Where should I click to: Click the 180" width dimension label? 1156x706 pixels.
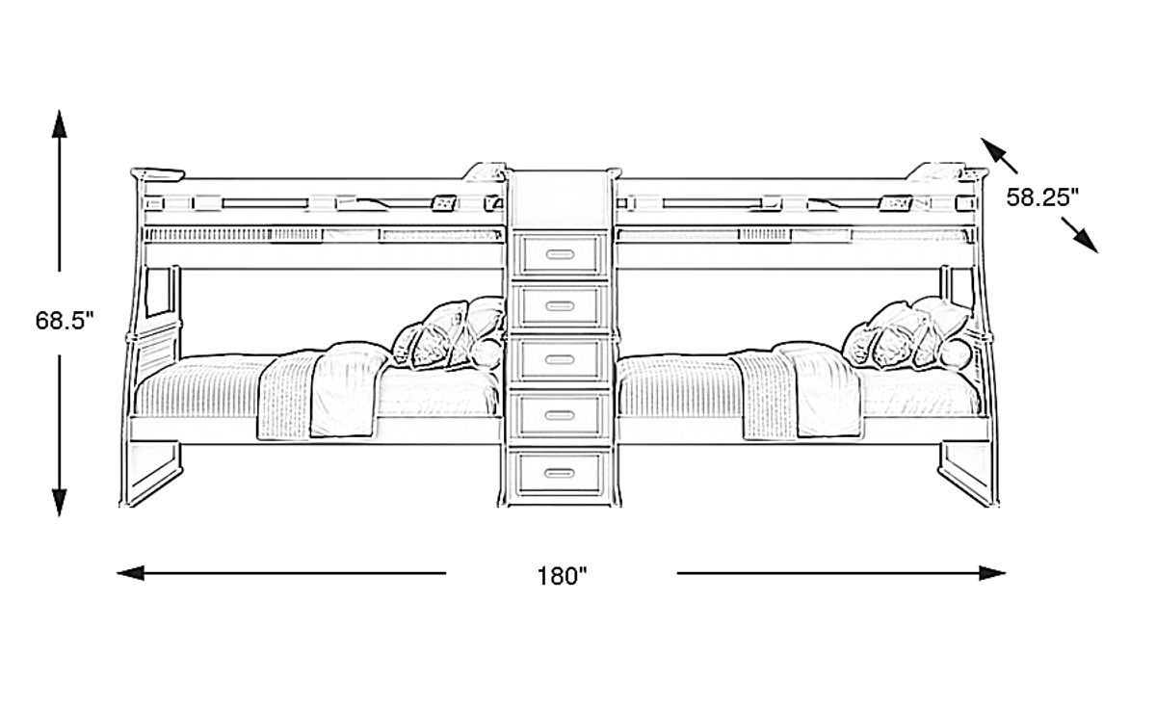click(x=562, y=576)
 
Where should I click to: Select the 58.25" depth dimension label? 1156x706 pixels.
click(x=1042, y=197)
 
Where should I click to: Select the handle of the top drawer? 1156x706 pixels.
click(x=559, y=254)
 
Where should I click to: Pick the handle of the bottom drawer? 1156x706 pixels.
click(x=559, y=472)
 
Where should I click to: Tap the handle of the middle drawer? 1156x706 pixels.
click(x=559, y=360)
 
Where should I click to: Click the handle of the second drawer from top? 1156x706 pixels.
click(x=559, y=307)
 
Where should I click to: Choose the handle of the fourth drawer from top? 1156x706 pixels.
click(x=559, y=416)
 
